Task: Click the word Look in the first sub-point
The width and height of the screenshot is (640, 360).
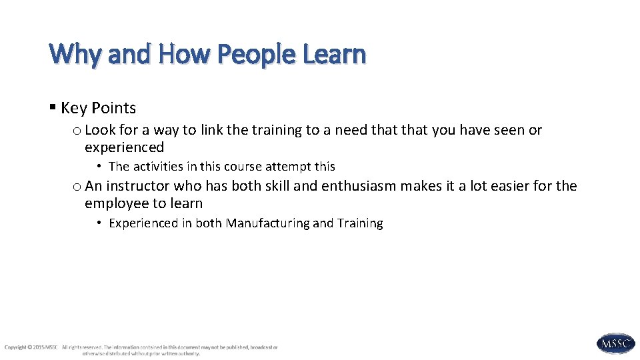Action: [x=100, y=130]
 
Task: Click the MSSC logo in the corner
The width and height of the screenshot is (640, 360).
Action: [x=615, y=343]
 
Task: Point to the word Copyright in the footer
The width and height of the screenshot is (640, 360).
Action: [x=15, y=347]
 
